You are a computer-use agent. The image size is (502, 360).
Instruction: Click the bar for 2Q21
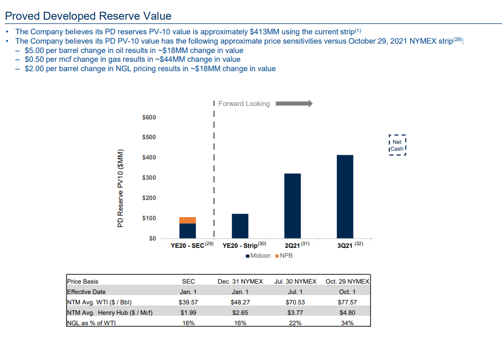pos(292,205)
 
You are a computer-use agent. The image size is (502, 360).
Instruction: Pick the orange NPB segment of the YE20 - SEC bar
pos(187,220)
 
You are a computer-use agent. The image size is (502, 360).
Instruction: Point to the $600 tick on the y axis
pos(149,117)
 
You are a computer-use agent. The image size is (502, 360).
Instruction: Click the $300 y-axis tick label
pos(149,178)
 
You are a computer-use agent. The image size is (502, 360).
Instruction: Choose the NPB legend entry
pos(284,256)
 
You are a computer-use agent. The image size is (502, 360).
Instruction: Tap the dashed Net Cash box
pos(397,145)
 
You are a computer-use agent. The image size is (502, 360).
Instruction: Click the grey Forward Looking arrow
pos(294,103)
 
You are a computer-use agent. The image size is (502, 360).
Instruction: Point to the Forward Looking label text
pos(244,104)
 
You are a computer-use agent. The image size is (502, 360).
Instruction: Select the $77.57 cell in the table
pos(347,302)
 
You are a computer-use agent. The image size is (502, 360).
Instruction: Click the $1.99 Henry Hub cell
pos(188,312)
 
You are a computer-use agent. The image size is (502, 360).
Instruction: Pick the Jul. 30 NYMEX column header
pos(295,282)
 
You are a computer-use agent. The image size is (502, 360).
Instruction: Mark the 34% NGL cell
pos(347,323)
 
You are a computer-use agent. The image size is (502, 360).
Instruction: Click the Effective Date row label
pos(86,292)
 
